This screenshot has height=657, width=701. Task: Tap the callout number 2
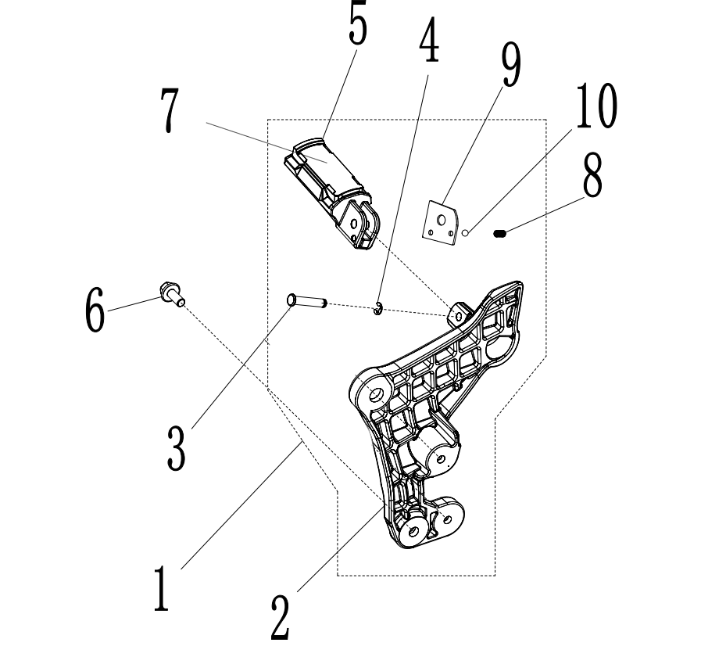point(279,618)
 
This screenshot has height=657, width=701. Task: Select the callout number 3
point(177,444)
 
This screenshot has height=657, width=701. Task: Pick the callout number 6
point(94,309)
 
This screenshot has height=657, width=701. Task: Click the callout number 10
point(595,107)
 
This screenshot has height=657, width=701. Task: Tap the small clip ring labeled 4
point(378,309)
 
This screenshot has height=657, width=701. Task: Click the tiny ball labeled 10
point(465,232)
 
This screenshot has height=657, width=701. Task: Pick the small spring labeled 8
point(501,232)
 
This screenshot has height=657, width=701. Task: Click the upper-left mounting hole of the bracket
point(375,391)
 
